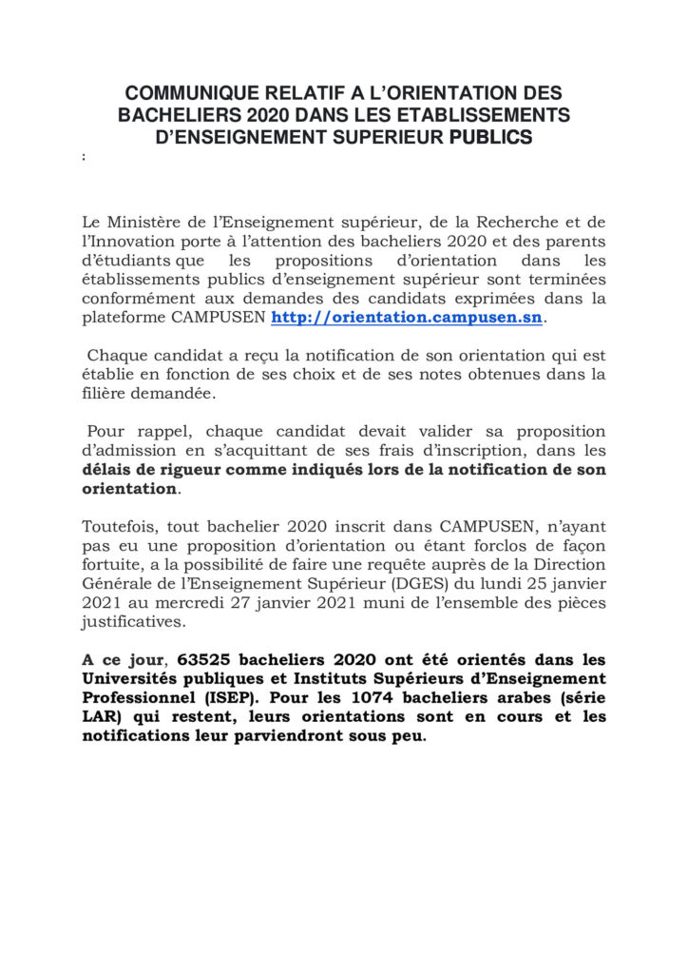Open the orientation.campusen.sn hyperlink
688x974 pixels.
pos(408,317)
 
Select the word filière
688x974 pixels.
pos(105,393)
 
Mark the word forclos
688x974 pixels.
pos(502,545)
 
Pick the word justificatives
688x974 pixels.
pos(132,621)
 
